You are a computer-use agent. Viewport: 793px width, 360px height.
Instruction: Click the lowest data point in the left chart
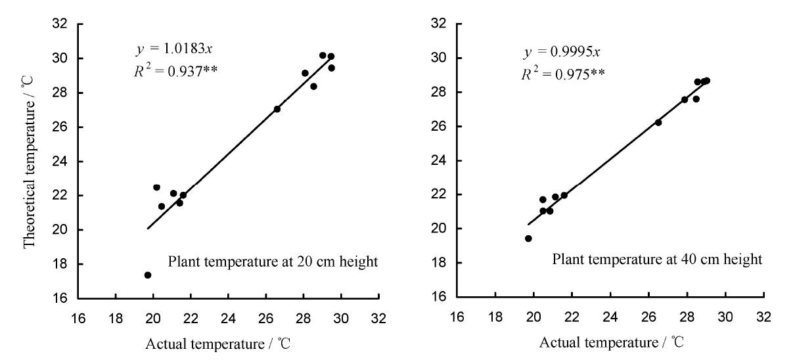(x=148, y=275)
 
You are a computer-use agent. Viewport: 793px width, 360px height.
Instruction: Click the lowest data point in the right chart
(x=528, y=238)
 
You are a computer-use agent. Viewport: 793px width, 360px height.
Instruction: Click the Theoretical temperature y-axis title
(x=29, y=160)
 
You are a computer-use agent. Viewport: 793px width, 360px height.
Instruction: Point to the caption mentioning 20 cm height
(x=273, y=262)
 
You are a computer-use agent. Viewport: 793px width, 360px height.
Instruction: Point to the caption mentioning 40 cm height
(x=657, y=259)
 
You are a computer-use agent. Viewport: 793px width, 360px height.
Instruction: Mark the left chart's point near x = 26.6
(x=277, y=109)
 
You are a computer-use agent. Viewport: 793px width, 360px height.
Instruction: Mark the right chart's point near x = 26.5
(x=658, y=122)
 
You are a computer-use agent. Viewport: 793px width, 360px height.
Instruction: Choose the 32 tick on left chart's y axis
(x=64, y=24)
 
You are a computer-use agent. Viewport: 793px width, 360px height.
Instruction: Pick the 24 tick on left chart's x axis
(x=228, y=317)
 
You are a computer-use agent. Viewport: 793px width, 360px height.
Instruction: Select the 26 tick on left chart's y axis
(x=64, y=127)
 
